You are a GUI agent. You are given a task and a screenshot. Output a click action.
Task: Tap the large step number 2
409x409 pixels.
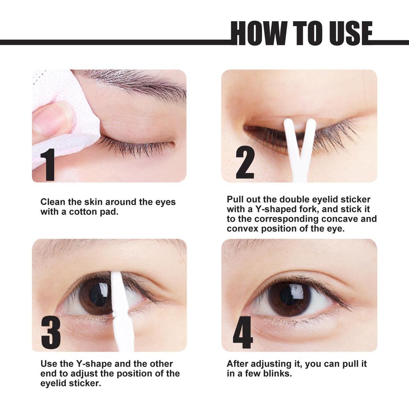(x=245, y=163)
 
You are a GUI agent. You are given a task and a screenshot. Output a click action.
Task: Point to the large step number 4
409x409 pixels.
(x=243, y=332)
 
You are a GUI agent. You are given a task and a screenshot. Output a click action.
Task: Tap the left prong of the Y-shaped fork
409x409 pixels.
(x=291, y=140)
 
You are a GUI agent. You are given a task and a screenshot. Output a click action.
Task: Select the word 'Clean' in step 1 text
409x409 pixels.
(x=53, y=202)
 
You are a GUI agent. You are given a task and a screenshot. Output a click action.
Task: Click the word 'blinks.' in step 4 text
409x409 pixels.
(x=277, y=374)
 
